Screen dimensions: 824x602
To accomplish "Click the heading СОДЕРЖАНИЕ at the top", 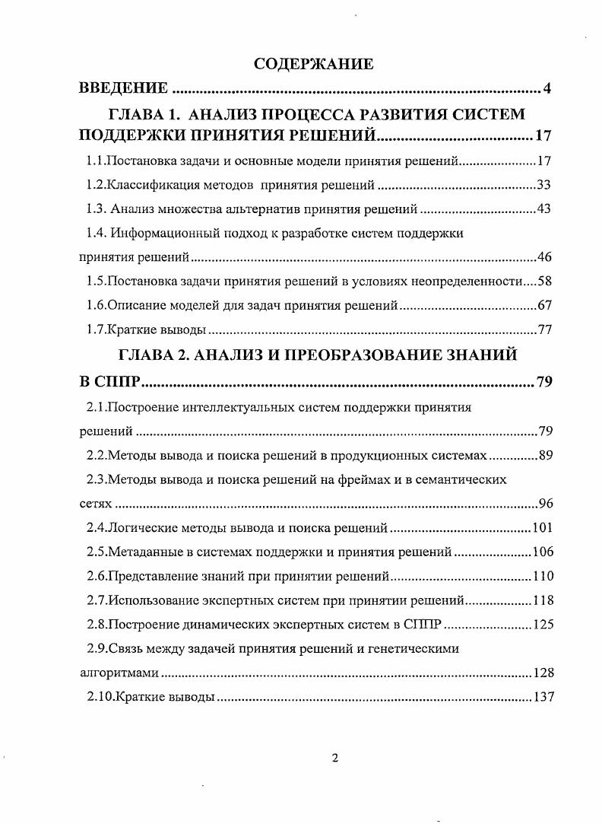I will point(313,63).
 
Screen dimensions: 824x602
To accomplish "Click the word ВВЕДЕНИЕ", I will point(124,90).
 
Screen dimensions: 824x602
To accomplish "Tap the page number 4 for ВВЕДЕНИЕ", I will point(547,90).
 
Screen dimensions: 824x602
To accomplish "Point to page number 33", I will point(543,185).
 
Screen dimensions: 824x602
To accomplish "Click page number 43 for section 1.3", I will point(543,209).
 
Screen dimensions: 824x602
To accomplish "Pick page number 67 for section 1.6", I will point(543,306).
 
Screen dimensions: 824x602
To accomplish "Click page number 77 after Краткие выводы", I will point(543,330).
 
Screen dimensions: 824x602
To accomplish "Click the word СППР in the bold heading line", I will point(116,380).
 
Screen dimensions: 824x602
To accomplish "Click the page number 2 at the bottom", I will point(334,758).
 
